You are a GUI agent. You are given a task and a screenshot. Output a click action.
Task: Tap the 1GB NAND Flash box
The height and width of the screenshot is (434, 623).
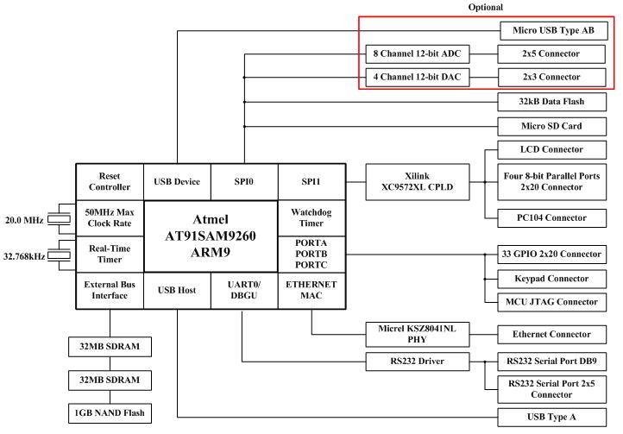tap(109, 412)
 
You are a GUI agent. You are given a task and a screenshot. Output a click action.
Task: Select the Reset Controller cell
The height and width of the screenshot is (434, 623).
tap(110, 181)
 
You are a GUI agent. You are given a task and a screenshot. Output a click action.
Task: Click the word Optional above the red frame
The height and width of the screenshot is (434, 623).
tap(486, 6)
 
